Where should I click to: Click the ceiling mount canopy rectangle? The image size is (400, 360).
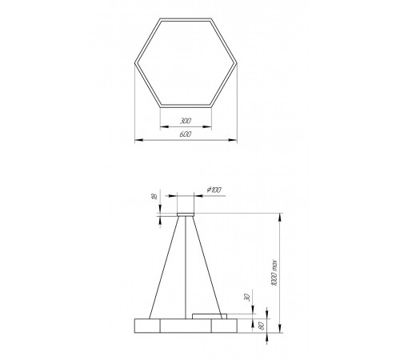coord(186,214)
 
